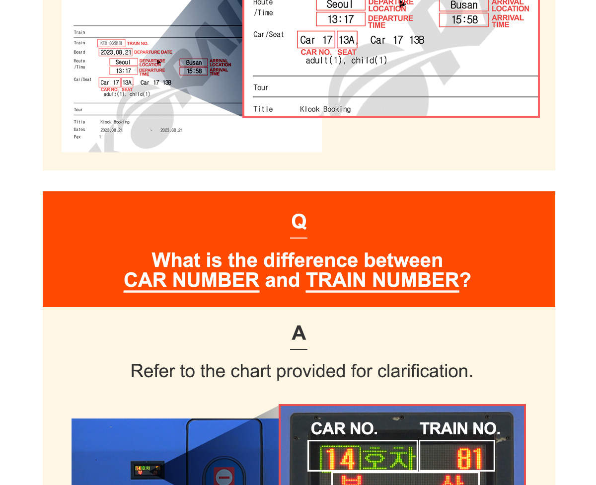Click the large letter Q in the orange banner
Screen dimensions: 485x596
click(298, 221)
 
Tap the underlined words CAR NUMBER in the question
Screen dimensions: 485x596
click(191, 280)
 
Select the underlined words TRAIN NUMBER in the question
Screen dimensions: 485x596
click(382, 280)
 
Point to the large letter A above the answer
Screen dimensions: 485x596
click(298, 333)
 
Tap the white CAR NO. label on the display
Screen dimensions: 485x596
click(344, 428)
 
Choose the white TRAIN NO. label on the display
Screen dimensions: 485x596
click(459, 428)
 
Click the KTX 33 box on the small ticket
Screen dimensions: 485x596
click(111, 43)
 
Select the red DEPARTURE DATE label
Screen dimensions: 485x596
click(153, 52)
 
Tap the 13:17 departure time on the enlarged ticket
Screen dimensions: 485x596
click(341, 19)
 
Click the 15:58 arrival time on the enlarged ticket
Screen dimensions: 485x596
click(464, 20)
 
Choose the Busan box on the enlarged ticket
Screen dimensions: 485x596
click(464, 5)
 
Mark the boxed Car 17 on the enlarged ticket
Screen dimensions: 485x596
click(316, 40)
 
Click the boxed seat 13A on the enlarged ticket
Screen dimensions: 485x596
click(347, 40)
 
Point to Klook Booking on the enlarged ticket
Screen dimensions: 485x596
click(325, 109)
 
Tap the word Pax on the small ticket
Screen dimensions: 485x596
click(77, 137)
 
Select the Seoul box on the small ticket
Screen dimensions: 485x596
click(123, 62)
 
